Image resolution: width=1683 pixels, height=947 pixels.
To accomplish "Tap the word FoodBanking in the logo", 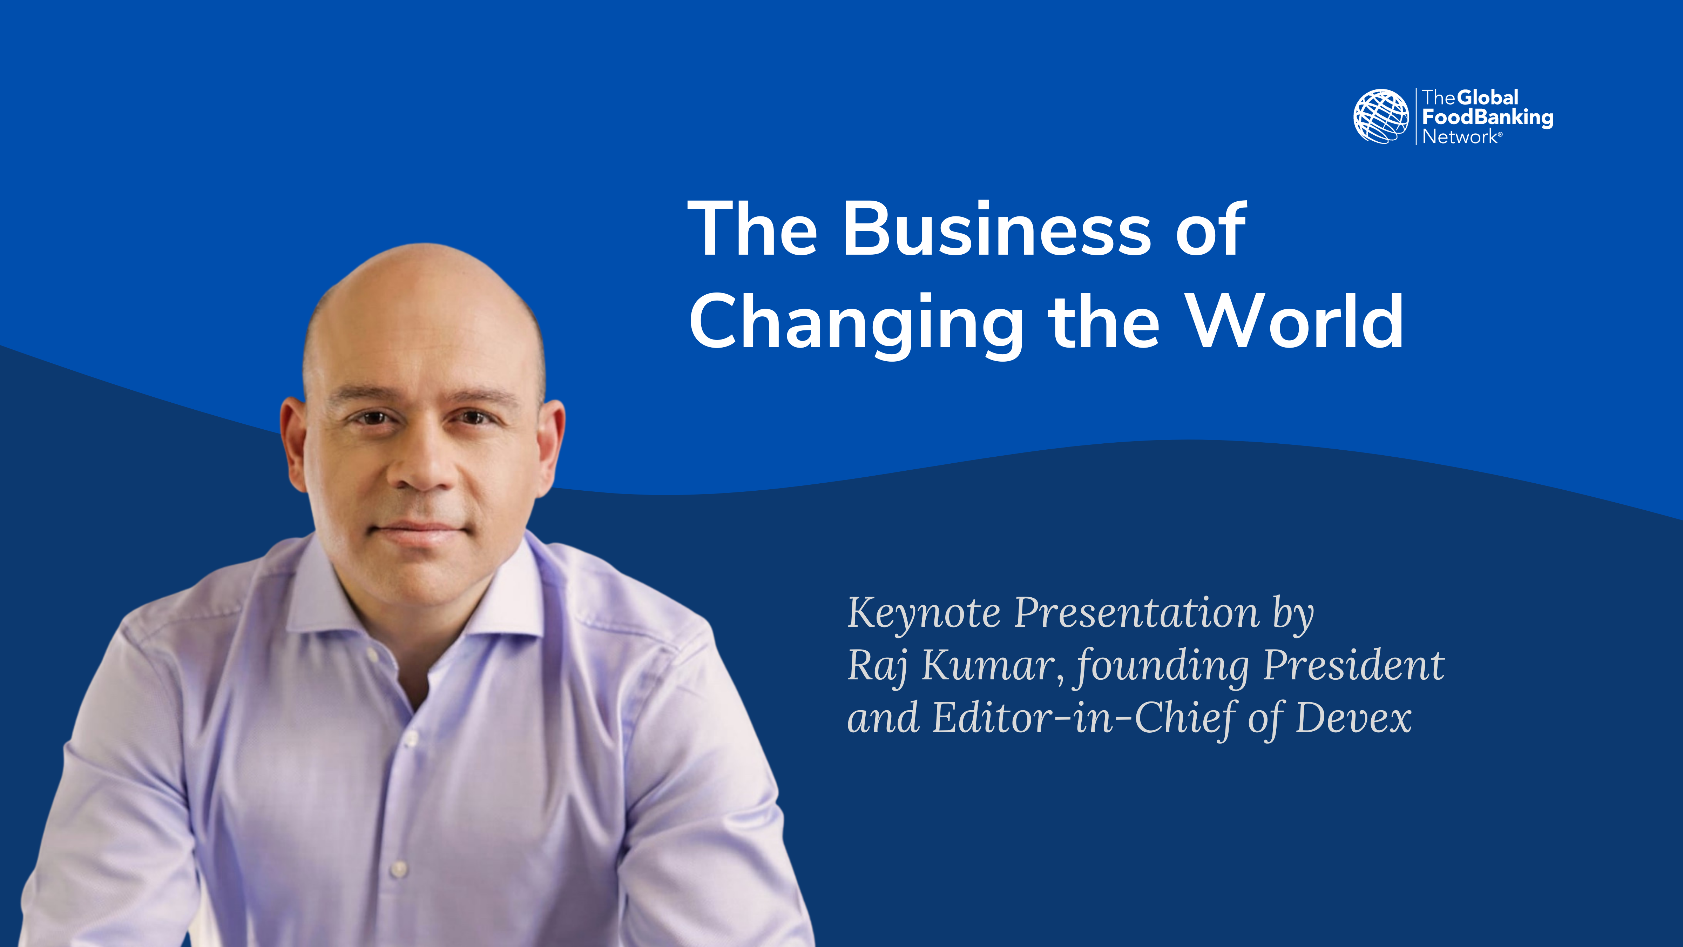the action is tap(1488, 117).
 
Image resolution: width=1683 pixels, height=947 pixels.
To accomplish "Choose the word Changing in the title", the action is tap(857, 325).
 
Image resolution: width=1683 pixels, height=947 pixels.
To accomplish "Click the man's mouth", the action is tap(419, 531).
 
